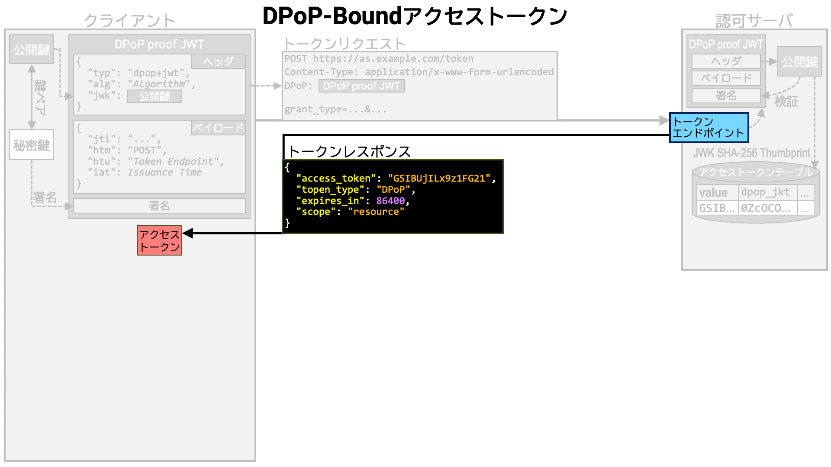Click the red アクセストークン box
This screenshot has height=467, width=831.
[159, 240]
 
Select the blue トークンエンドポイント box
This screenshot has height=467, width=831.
[709, 128]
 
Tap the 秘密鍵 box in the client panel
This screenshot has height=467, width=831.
[32, 145]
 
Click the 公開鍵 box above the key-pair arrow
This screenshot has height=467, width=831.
[32, 49]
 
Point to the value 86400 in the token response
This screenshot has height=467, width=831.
[390, 201]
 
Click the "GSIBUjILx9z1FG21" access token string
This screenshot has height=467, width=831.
[439, 178]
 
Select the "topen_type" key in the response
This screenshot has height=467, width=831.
[330, 189]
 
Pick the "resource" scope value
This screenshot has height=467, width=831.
[376, 212]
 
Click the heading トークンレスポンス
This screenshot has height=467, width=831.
[349, 151]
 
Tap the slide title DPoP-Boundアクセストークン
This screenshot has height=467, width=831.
[415, 16]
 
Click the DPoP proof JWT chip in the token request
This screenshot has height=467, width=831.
[362, 86]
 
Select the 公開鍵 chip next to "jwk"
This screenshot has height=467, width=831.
[155, 96]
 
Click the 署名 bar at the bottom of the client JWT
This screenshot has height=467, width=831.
[159, 206]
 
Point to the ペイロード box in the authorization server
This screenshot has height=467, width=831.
[726, 78]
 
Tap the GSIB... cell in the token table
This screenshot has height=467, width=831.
[717, 208]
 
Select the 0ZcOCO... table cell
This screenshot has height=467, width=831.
[766, 208]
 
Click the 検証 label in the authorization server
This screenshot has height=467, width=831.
[786, 102]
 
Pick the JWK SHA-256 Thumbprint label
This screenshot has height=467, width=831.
[751, 153]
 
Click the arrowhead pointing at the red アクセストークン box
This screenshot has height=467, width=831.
[187, 233]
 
